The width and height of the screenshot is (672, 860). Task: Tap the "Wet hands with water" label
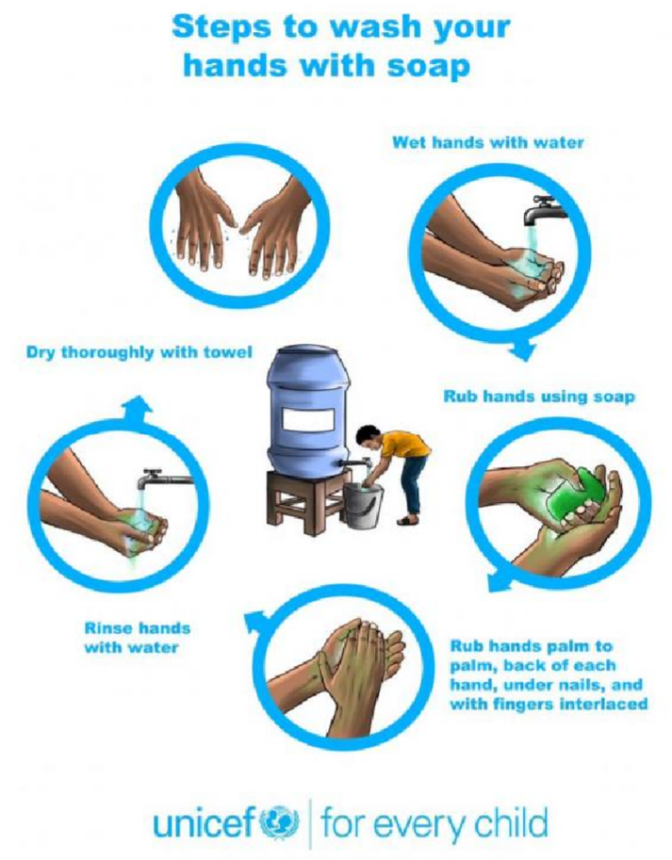(x=488, y=142)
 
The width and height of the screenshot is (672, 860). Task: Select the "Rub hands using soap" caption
(x=539, y=396)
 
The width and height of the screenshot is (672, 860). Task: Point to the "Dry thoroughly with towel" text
(x=139, y=351)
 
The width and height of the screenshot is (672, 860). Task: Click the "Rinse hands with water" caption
(x=138, y=638)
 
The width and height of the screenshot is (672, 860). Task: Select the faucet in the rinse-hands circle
(x=165, y=479)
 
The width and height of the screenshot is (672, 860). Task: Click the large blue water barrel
(x=307, y=411)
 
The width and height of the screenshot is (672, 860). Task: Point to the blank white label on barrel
(x=308, y=421)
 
